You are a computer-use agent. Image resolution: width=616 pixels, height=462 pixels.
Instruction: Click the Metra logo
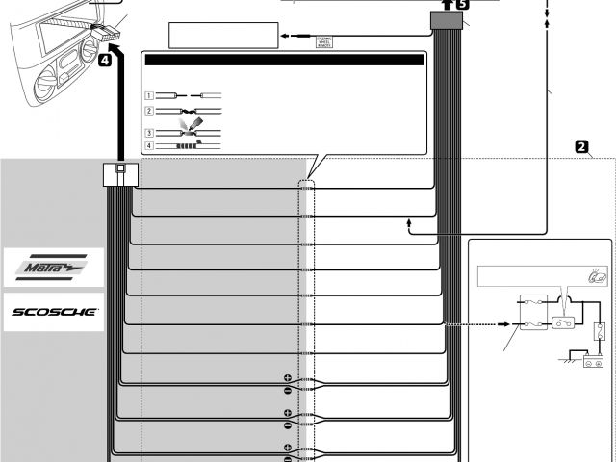[x=53, y=266]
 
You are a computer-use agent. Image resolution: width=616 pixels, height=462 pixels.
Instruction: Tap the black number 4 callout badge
[x=105, y=60]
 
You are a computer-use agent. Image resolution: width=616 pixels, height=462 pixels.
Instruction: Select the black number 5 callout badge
[x=463, y=5]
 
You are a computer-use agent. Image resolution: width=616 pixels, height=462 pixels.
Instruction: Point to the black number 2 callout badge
[x=581, y=147]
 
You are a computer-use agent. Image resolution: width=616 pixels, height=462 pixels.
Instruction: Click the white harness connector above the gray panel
[x=119, y=174]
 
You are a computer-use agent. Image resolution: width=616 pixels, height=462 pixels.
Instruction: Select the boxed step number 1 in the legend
[x=149, y=96]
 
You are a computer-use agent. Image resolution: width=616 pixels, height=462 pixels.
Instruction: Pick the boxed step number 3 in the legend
[x=149, y=132]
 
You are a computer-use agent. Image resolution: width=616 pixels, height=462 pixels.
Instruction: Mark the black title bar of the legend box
[x=284, y=60]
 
